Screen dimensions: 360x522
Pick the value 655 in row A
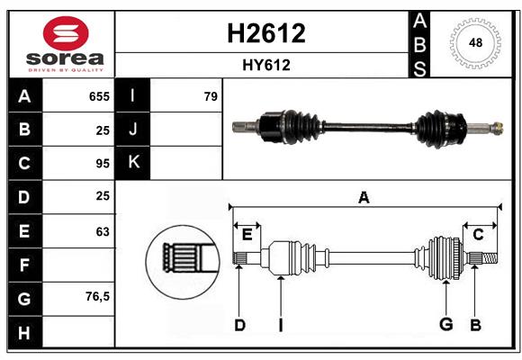[x=99, y=96]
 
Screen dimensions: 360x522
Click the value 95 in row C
[x=102, y=164]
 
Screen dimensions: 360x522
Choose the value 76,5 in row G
[x=97, y=296]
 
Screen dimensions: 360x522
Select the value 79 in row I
[x=211, y=96]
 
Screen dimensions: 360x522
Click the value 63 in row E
[x=102, y=231]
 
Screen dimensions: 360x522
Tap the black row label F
[x=24, y=265]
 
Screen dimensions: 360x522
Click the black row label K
[x=133, y=163]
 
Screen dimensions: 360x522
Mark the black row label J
[x=133, y=130]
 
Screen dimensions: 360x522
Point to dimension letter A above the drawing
[x=364, y=198]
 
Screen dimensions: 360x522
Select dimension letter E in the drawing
[x=247, y=234]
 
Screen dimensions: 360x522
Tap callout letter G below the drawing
[x=445, y=325]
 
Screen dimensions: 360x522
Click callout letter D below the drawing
[x=239, y=325]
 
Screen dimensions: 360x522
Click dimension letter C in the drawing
[x=478, y=234]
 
